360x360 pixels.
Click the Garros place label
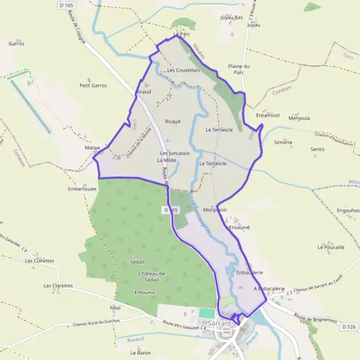[x=16, y=44]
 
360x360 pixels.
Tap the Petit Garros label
[x=93, y=85]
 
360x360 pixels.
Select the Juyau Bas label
[x=232, y=18]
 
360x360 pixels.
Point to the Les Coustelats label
[x=184, y=70]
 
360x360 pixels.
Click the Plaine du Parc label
[x=239, y=69]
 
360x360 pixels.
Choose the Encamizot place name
[x=268, y=115]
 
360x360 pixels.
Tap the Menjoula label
[x=299, y=118]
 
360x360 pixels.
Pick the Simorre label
[x=283, y=143]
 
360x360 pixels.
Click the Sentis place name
[x=318, y=149]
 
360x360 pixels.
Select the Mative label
[x=92, y=147]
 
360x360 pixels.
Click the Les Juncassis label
[x=175, y=153]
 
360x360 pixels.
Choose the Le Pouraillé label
[x=331, y=247]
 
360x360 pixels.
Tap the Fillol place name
[x=115, y=308]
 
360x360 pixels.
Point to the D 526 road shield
[x=348, y=327]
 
